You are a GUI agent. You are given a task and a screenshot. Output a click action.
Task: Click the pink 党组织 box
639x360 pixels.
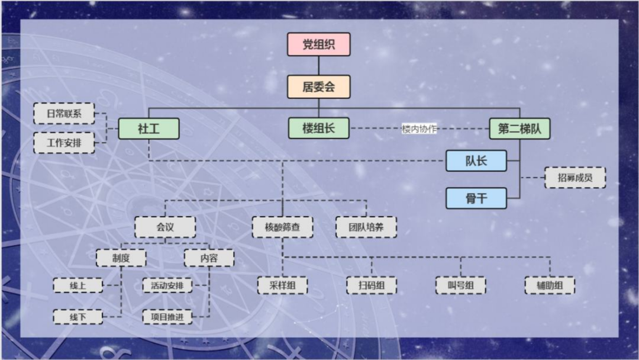point(318,44)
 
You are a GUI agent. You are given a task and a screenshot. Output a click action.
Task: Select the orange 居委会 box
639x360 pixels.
point(318,87)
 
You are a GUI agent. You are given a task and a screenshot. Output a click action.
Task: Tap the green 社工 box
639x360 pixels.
point(149,128)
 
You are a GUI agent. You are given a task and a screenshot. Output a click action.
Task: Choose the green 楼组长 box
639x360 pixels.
point(318,128)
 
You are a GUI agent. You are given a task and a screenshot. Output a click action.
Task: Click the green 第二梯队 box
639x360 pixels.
point(519,128)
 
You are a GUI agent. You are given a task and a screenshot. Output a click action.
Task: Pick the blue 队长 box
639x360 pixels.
point(476,160)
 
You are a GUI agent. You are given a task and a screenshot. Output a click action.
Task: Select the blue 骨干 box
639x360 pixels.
point(476,198)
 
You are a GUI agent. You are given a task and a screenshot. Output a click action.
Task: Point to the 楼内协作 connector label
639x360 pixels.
point(419,128)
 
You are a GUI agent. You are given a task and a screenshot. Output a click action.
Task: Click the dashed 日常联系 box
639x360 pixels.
point(64,113)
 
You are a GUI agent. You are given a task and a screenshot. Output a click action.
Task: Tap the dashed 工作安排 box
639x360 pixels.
point(64,143)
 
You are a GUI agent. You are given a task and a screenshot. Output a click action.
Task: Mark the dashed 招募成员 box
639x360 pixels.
point(575,178)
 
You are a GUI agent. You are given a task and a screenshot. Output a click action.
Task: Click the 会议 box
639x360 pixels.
point(165,227)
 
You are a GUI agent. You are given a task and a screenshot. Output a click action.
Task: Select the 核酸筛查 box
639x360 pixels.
point(282,227)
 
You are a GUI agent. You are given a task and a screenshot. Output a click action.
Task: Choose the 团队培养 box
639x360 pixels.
point(366,227)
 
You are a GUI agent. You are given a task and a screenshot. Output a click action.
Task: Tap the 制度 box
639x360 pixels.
point(121,258)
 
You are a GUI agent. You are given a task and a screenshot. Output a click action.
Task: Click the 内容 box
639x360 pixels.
point(209,258)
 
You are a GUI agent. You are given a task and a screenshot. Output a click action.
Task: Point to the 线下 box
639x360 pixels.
point(78,317)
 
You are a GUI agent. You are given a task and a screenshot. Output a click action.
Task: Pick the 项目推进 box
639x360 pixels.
point(167,317)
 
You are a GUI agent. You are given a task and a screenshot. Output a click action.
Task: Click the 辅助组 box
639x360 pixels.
point(550,285)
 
